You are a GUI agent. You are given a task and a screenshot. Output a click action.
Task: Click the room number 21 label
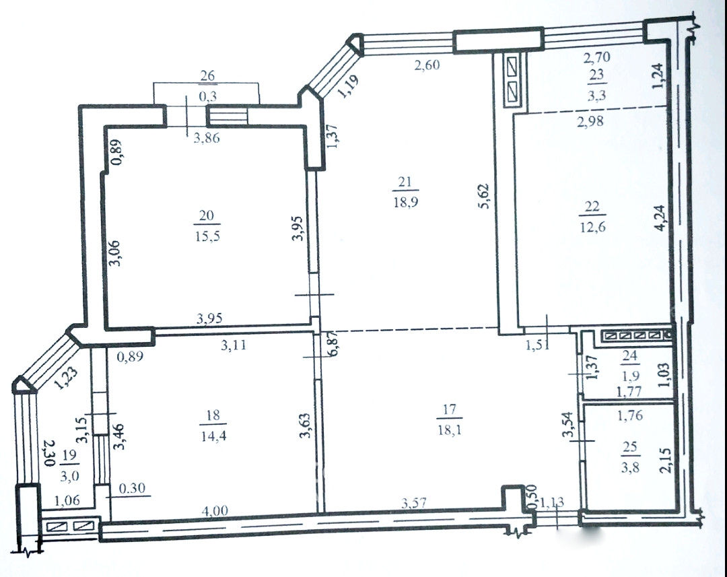pos(405,181)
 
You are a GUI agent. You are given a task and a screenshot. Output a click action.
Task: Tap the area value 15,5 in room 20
pos(208,236)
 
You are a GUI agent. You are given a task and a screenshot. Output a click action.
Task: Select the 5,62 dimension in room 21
pos(485,196)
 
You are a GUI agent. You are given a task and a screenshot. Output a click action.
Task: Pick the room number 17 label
pos(449,409)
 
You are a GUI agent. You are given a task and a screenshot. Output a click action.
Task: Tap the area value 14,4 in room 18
pos(213,436)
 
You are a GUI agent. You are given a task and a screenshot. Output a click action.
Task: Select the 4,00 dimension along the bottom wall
pos(215,510)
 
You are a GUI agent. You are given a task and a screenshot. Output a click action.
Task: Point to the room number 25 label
pos(630,446)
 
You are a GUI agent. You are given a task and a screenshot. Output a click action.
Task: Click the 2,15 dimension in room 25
pos(665,461)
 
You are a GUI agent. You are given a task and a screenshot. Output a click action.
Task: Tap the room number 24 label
pos(629,355)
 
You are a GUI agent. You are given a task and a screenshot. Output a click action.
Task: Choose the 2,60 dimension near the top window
pos(427,65)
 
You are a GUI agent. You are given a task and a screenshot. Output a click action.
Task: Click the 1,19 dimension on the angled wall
pos(348,87)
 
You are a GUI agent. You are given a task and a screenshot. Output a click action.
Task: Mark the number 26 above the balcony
pos(207,75)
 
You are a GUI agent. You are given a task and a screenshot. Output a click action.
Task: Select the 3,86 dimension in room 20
pos(207,137)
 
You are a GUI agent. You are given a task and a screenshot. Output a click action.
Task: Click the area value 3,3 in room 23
pos(596,96)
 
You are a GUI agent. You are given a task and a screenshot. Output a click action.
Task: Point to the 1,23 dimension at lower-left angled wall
pos(65,378)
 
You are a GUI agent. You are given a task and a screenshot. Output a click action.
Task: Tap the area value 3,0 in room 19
pos(69,477)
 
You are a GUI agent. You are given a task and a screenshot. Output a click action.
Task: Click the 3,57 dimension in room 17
pos(414,502)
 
